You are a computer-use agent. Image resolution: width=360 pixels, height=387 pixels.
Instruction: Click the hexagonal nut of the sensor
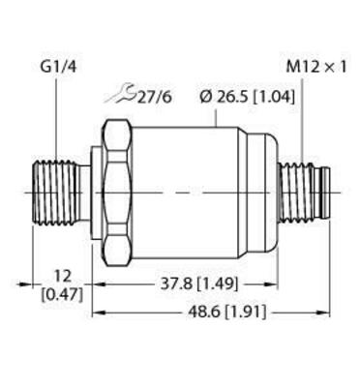116,193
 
